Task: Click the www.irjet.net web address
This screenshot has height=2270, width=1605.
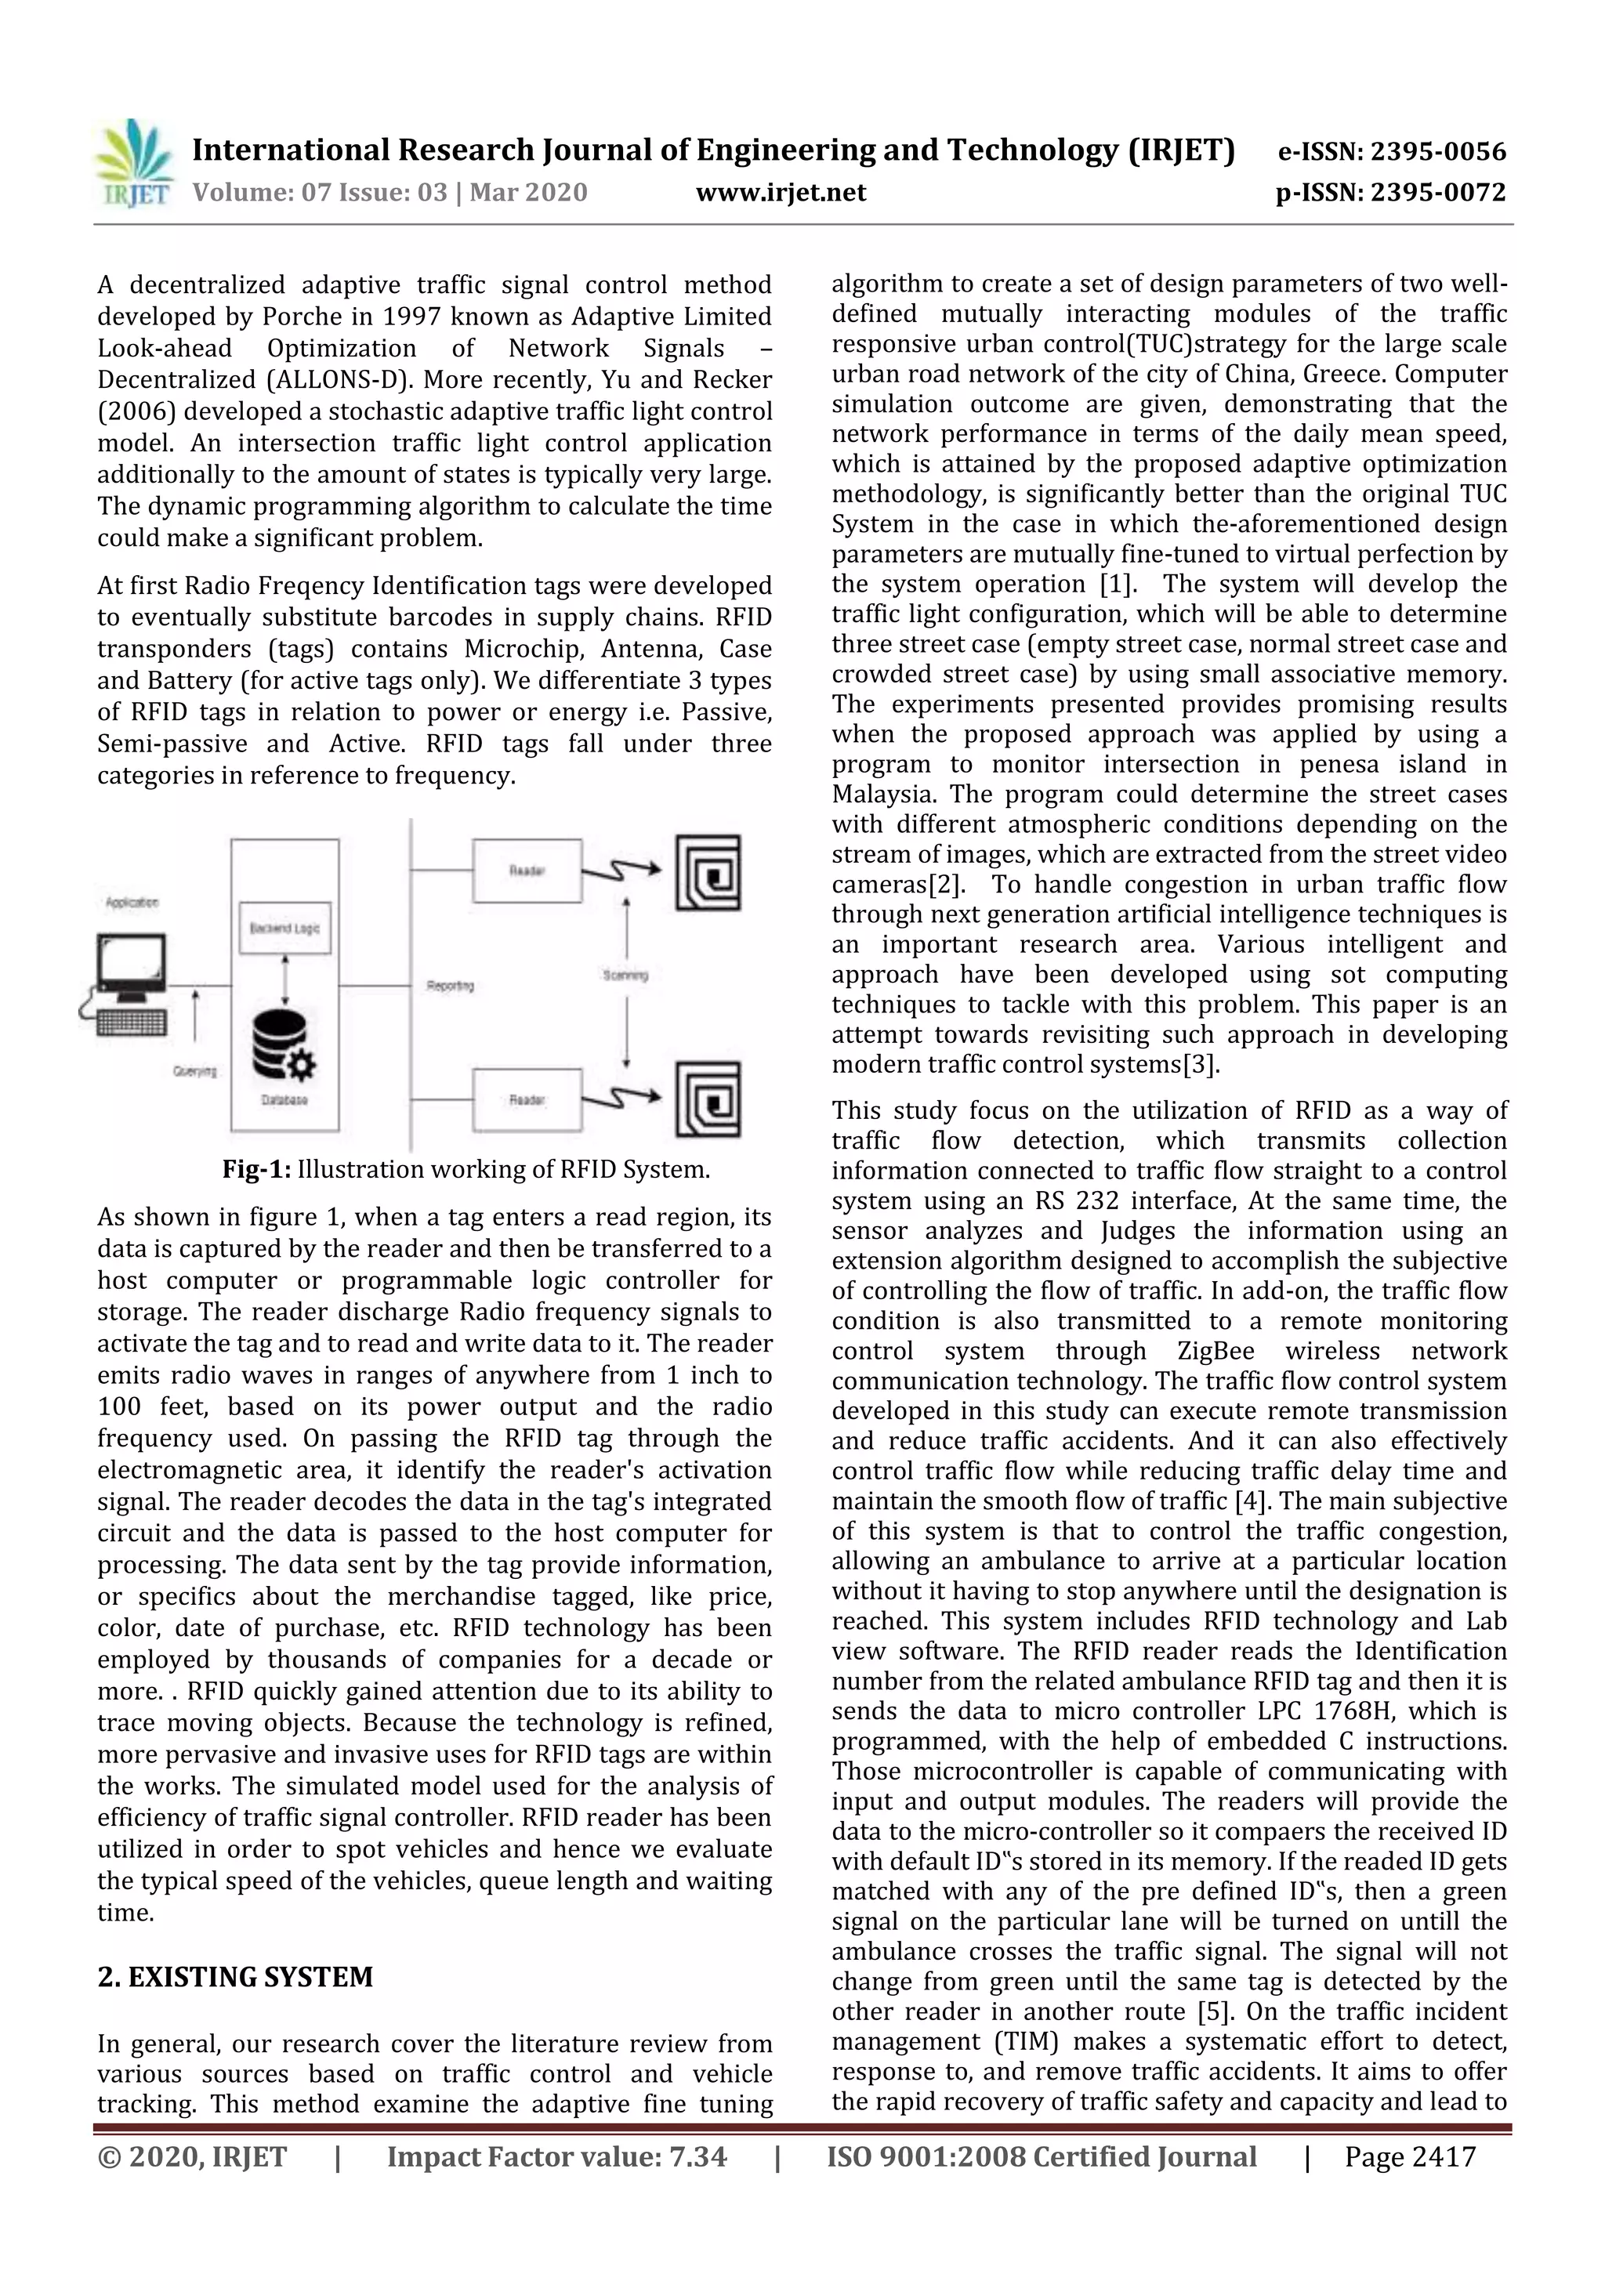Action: (781, 192)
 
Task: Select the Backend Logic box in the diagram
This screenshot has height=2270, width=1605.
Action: (284, 928)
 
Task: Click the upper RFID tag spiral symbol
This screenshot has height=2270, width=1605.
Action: (708, 873)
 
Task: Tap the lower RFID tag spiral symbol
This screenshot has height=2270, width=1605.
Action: (708, 1100)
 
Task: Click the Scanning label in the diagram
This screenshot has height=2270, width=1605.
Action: (625, 975)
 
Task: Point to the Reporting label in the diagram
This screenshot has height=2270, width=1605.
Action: (450, 986)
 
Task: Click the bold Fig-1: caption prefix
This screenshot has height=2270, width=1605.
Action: (256, 1170)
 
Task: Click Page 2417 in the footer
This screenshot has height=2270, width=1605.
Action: (1409, 2156)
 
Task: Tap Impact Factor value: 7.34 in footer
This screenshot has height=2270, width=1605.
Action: (556, 2156)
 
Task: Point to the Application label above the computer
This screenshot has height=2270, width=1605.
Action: (132, 902)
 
